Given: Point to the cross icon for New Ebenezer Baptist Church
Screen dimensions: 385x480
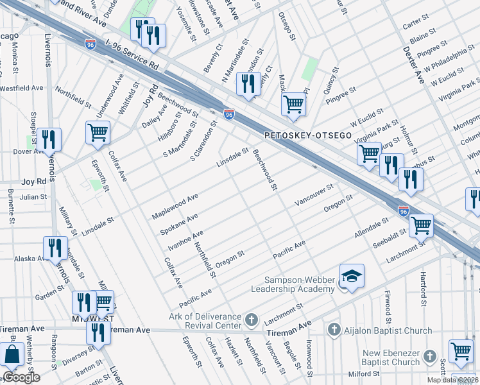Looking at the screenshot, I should [434, 357].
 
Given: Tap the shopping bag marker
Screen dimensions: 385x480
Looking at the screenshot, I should [12, 354].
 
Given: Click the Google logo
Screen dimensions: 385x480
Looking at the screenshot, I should [21, 377].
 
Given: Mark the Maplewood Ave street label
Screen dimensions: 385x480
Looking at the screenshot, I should [175, 207].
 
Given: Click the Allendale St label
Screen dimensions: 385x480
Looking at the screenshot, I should [372, 228].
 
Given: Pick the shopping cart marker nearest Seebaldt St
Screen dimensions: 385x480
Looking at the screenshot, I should [420, 225].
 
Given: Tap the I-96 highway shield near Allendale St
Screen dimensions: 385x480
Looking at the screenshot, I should [403, 210].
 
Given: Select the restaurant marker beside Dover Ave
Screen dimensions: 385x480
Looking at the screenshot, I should [49, 139].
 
